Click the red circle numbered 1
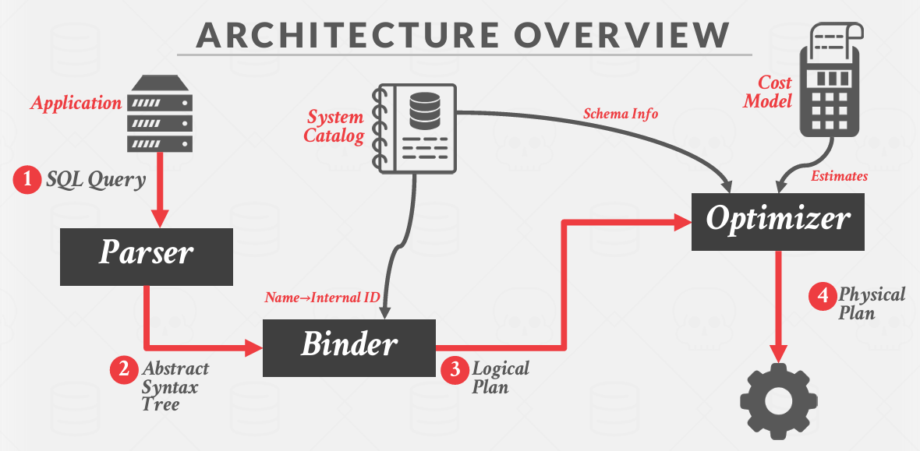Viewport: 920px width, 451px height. point(27,181)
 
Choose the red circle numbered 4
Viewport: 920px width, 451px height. point(822,296)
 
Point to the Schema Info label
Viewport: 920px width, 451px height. point(621,114)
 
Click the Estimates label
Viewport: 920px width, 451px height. point(839,177)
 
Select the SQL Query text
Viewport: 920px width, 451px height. point(96,181)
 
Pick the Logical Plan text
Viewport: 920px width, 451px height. point(500,377)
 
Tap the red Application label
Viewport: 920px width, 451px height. point(76,103)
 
